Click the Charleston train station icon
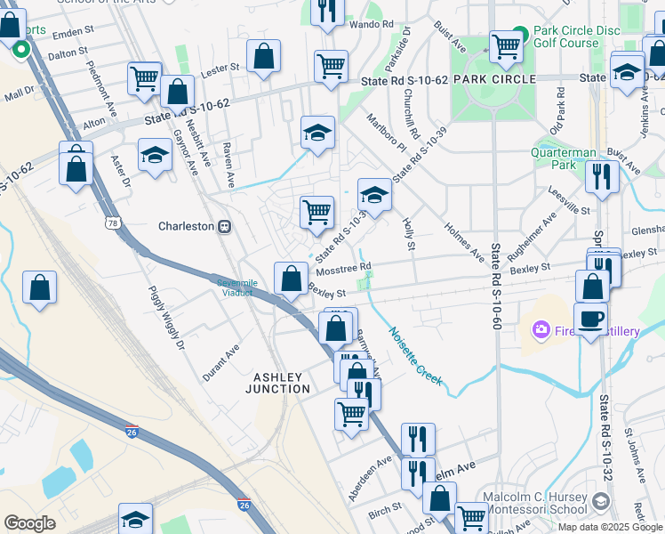coord(225,226)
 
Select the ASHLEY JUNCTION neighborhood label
coord(283,383)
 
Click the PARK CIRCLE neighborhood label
coord(494,79)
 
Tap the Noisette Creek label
coord(414,357)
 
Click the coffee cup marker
coord(590,318)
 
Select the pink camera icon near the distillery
coord(541,331)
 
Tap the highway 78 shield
coord(112,222)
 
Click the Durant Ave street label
coord(221,363)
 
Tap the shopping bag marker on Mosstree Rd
coord(291,279)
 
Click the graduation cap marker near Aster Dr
coord(156,153)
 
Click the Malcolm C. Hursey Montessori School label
coord(533,503)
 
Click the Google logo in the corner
coord(29,523)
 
